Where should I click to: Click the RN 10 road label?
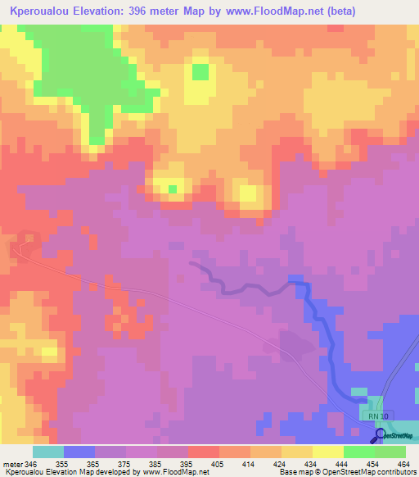tap(380, 416)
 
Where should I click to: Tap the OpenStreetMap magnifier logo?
tap(380, 435)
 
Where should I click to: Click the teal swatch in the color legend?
tap(47, 452)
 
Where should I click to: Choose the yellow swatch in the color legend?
tap(327, 452)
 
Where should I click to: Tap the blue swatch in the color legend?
tap(79, 452)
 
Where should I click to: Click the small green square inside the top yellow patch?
tap(200, 72)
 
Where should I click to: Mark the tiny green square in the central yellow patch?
tap(173, 189)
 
